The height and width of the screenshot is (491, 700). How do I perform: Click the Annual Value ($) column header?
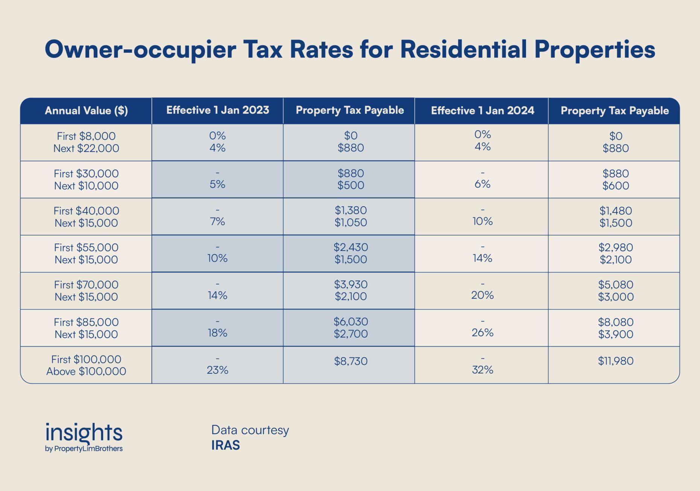click(x=86, y=111)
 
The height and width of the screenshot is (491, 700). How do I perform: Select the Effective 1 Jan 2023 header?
click(x=218, y=110)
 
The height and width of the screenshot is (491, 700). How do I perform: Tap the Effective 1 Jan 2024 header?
click(x=482, y=111)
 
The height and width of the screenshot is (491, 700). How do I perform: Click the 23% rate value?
click(x=218, y=370)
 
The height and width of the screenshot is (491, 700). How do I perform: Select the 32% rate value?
click(x=482, y=370)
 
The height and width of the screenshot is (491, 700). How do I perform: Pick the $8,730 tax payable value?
click(x=350, y=361)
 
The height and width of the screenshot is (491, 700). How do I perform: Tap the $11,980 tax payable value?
click(x=616, y=361)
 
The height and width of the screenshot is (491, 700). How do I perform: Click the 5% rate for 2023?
click(x=218, y=184)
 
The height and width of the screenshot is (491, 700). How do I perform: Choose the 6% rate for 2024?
click(x=482, y=184)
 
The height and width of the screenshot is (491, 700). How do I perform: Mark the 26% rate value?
click(x=482, y=333)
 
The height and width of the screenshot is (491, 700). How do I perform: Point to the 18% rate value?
click(x=218, y=333)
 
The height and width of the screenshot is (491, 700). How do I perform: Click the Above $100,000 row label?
click(x=86, y=371)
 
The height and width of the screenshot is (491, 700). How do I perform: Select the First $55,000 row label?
click(x=86, y=248)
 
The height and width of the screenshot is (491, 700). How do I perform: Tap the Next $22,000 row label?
click(x=86, y=148)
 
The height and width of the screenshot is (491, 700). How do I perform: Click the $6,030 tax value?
click(x=350, y=322)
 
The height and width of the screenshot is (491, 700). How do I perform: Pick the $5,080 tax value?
click(x=616, y=285)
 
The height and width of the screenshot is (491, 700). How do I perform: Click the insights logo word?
click(x=84, y=433)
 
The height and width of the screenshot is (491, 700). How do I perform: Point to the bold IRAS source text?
click(x=225, y=445)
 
